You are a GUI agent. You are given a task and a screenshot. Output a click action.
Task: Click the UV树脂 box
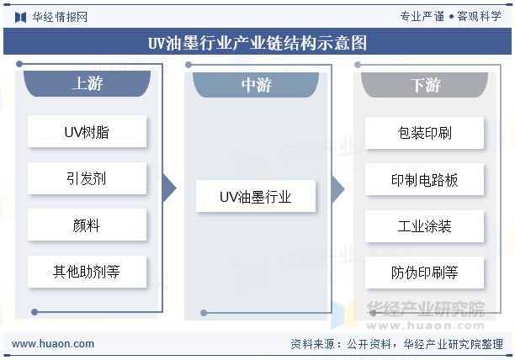tap(87, 131)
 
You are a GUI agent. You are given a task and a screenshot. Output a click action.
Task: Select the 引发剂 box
tap(87, 178)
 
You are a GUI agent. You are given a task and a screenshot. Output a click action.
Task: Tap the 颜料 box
tap(87, 225)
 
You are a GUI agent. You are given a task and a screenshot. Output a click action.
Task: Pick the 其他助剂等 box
tap(87, 272)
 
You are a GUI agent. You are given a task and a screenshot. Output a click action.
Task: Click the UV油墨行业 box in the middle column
tap(256, 196)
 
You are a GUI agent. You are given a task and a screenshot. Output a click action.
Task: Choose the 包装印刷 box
tap(424, 133)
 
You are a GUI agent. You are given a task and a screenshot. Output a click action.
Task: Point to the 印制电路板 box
tap(424, 179)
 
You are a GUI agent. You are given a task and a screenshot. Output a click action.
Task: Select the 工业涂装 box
tap(424, 226)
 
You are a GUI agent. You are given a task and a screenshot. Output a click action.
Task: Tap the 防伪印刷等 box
tap(424, 273)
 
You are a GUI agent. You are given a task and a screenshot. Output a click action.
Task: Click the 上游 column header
tap(87, 83)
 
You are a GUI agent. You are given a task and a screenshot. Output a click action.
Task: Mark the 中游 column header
tap(256, 85)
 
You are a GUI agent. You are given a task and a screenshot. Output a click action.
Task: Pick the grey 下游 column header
tap(424, 85)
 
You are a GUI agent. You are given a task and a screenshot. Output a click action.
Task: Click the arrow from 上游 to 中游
tap(169, 188)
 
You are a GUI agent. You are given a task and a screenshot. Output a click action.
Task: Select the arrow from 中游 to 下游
tap(338, 189)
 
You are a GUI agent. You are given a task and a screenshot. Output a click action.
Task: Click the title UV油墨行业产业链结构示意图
tap(257, 43)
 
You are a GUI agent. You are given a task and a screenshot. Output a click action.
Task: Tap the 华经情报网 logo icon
tap(20, 17)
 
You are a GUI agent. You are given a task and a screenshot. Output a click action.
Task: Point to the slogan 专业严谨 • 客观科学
tap(450, 16)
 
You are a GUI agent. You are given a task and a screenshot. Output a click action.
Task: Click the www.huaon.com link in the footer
tap(53, 344)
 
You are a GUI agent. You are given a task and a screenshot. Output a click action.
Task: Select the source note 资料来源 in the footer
tap(396, 344)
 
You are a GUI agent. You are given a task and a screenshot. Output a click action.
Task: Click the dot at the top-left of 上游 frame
tap(19, 64)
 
